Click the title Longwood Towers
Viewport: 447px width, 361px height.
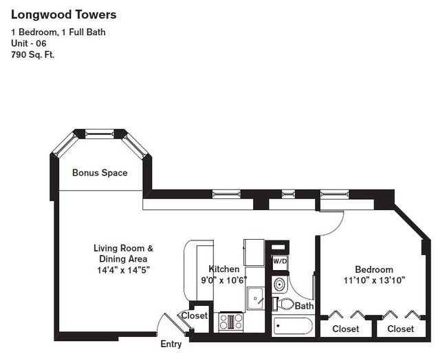click(x=63, y=14)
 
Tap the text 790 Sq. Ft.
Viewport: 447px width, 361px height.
click(x=32, y=54)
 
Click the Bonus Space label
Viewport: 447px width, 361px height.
click(x=100, y=173)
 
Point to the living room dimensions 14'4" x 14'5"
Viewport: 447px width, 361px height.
click(x=123, y=270)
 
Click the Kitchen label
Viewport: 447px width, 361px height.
click(x=224, y=269)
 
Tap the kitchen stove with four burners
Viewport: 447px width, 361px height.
click(x=231, y=321)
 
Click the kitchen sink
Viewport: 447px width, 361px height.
click(x=255, y=297)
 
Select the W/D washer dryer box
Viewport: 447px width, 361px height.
click(x=279, y=261)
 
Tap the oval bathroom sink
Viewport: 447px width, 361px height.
click(x=279, y=284)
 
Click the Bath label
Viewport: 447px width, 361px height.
click(x=305, y=305)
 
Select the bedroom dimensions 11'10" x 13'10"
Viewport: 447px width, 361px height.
click(x=374, y=280)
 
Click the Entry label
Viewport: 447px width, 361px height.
click(x=171, y=344)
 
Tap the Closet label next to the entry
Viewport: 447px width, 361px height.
click(x=194, y=316)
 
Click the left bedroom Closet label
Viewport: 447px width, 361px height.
click(x=345, y=329)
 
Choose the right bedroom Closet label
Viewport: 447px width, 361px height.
click(x=400, y=329)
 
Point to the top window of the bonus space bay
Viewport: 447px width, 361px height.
click(x=100, y=134)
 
